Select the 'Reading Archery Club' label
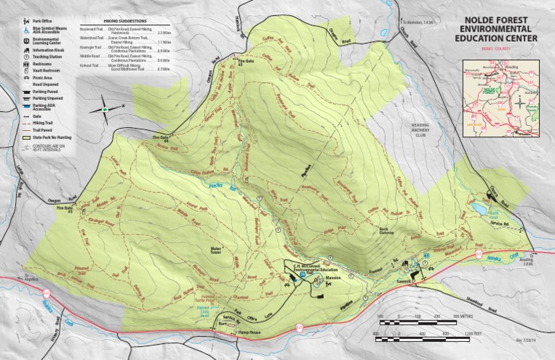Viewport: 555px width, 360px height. tap(420, 129)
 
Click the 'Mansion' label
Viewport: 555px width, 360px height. tap(332, 278)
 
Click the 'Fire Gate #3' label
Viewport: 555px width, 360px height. tap(248, 63)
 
